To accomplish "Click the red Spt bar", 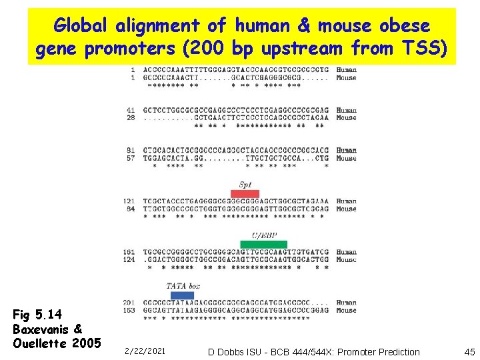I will (x=245, y=193).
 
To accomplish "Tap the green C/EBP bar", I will (x=264, y=244).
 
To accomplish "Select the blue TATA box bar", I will (x=182, y=295).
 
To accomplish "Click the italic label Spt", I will (x=245, y=184).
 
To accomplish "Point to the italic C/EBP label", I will (x=263, y=235).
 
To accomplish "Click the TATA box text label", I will (x=183, y=286).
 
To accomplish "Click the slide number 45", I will (x=468, y=351).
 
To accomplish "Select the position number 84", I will (x=131, y=209).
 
